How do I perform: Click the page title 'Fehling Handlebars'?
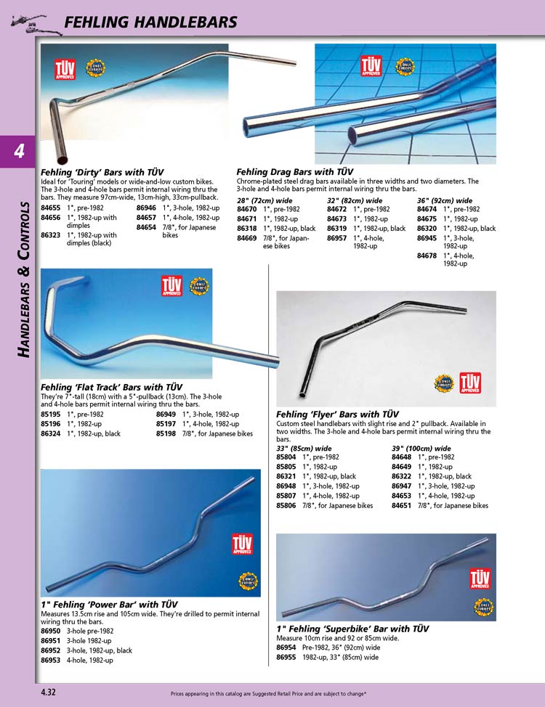[x=150, y=23]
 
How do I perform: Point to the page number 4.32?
[x=50, y=692]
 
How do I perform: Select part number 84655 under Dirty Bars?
[x=50, y=208]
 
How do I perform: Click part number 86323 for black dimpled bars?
[x=50, y=235]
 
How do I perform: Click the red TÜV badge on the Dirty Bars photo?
[x=65, y=69]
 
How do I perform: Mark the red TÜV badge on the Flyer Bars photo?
[x=470, y=381]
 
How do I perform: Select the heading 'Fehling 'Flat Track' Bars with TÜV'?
[x=111, y=387]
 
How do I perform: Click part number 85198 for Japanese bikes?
[x=166, y=433]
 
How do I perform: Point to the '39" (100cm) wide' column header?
[x=421, y=449]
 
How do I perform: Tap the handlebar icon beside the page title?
[x=30, y=23]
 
